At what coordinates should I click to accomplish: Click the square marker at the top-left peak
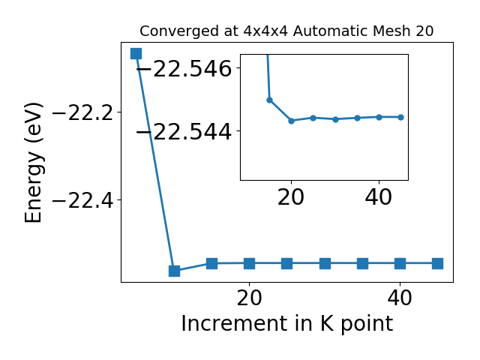(x=136, y=53)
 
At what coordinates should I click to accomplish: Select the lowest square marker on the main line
(x=174, y=271)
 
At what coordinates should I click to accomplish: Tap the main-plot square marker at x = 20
(x=250, y=263)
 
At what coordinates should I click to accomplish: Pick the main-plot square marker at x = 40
(x=400, y=263)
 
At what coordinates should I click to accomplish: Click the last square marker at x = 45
(x=438, y=263)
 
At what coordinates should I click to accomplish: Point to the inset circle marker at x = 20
(x=292, y=121)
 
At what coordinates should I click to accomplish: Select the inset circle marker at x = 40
(x=379, y=117)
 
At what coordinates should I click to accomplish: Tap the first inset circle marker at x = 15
(x=270, y=100)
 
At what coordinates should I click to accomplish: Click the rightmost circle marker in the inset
(x=401, y=117)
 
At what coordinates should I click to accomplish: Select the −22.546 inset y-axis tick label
(x=184, y=68)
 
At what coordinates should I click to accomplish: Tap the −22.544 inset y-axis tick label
(x=184, y=132)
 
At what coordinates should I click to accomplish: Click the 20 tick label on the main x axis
(x=250, y=298)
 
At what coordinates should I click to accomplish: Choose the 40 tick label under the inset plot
(x=378, y=197)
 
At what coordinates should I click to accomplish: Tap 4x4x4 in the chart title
(x=265, y=31)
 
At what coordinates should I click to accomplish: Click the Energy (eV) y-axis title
(x=33, y=163)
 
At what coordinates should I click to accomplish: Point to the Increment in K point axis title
(x=287, y=324)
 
